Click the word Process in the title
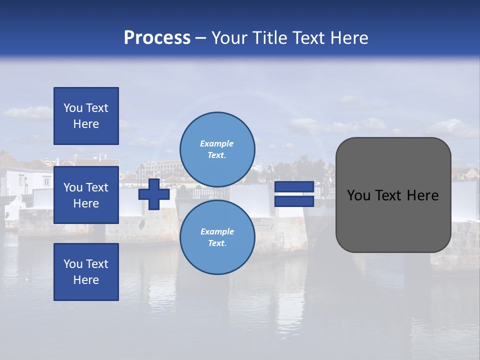(x=157, y=37)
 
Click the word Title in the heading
(x=269, y=37)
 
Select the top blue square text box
(x=86, y=116)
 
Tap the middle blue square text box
(x=86, y=195)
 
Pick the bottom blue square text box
(x=86, y=272)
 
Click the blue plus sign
(x=154, y=194)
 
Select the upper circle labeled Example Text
(x=217, y=149)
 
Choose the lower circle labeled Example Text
(x=217, y=237)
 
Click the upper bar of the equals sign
(x=294, y=186)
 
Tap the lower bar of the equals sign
(x=294, y=201)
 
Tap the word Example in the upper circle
(x=216, y=143)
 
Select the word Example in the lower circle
(x=217, y=231)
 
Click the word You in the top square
(x=73, y=108)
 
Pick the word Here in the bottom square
(x=86, y=280)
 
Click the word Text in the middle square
(x=97, y=187)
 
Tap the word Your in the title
(x=229, y=37)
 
